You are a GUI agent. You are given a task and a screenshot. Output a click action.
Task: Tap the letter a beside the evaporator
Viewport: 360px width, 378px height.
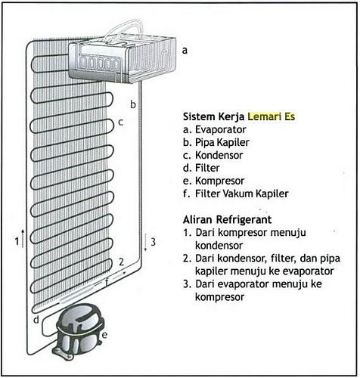(184, 51)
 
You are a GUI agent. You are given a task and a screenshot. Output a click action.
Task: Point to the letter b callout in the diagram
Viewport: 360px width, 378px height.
(132, 104)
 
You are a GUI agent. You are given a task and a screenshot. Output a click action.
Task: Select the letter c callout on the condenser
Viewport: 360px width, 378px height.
(119, 122)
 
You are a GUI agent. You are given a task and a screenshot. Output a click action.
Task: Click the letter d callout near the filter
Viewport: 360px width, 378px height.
(36, 320)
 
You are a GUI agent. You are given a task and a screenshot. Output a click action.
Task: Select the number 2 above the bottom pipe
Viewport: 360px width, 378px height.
(120, 262)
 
